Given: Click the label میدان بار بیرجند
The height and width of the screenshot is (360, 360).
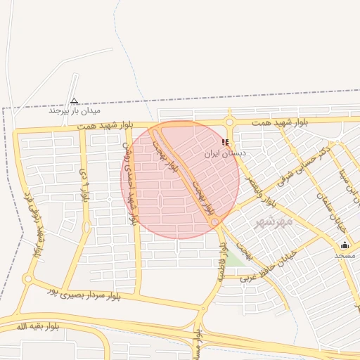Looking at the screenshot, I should point(75,111).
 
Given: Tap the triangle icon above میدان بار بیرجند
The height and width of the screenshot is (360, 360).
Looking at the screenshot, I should point(75,101).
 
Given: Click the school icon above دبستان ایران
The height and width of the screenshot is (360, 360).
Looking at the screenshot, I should point(225,142).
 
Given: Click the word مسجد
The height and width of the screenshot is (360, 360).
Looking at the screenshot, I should point(345,255).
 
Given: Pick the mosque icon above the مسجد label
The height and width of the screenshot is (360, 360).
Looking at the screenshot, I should point(345,245).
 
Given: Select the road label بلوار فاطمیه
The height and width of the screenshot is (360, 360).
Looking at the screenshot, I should point(221,262).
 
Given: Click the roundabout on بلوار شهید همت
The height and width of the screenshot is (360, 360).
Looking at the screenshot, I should point(229,122).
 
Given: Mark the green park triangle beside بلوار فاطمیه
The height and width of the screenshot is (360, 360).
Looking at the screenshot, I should point(237,257).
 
